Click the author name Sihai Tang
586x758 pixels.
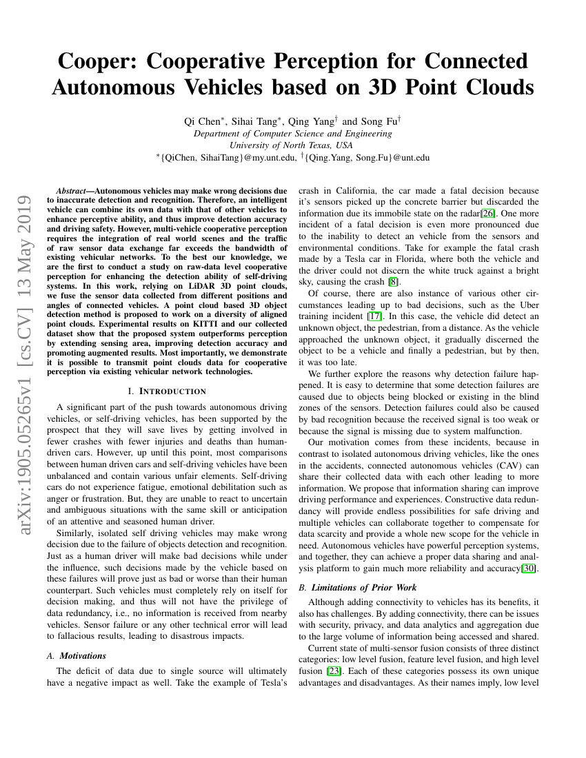(x=254, y=121)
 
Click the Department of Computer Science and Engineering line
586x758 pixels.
(x=293, y=134)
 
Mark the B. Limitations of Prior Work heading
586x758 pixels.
(x=358, y=588)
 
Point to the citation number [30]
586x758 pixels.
(x=531, y=568)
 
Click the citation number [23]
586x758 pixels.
(x=333, y=671)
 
